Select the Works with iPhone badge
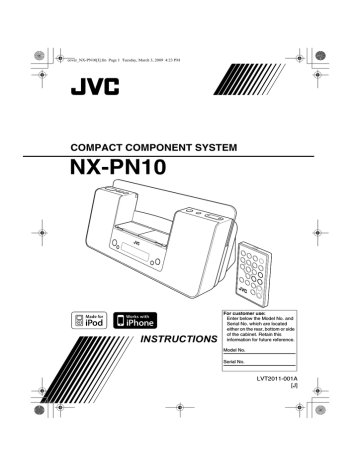point(140,319)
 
